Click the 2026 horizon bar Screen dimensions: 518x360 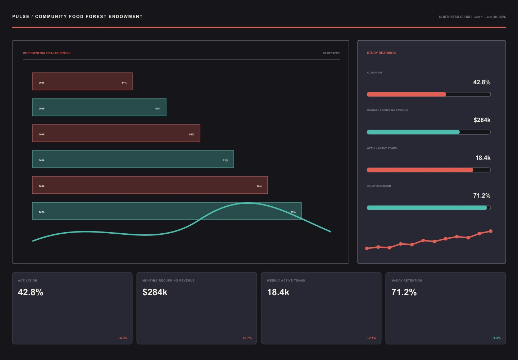tap(82, 81)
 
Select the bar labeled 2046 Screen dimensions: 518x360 tap(116, 133)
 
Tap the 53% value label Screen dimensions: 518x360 tap(158, 108)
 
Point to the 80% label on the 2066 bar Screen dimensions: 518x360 tap(259, 186)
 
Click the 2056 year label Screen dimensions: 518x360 tap(42, 160)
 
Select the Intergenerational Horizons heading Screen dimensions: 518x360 tap(46, 53)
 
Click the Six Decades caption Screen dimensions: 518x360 tap(331, 53)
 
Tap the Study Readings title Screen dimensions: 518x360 tap(381, 53)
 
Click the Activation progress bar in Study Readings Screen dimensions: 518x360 tap(428, 94)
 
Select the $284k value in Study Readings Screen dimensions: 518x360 tap(482, 120)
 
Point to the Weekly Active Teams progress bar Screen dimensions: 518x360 tap(428, 170)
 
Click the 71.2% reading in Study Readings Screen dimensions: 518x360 tap(482, 195)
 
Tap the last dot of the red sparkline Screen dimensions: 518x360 tap(491, 231)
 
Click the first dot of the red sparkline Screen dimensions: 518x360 tap(367, 248)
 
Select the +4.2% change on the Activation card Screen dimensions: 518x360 tap(123, 338)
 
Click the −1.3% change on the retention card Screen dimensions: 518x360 tap(496, 338)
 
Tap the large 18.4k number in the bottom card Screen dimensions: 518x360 tap(278, 292)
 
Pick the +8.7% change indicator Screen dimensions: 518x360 tap(247, 338)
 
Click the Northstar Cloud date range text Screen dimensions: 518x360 tap(472, 17)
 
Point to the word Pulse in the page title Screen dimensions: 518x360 tap(21, 17)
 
